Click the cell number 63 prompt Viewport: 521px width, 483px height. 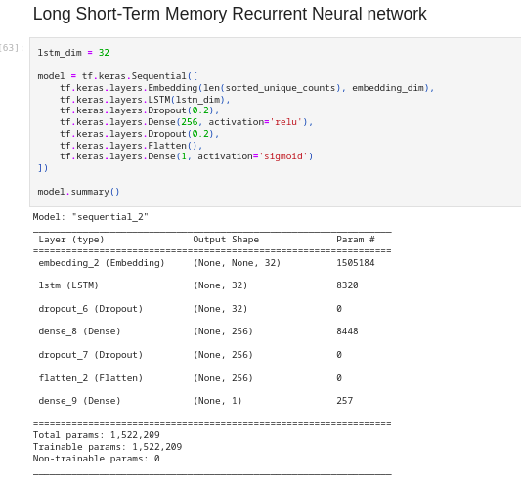click(14, 47)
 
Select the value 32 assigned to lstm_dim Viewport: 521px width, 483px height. click(104, 52)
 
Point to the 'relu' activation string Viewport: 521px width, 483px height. click(286, 122)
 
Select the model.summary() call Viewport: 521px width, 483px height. click(78, 192)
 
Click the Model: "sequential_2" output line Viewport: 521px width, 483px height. click(90, 217)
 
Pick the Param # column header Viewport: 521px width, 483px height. click(356, 240)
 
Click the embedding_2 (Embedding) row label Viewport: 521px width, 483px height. click(102, 263)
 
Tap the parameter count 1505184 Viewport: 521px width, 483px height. click(356, 263)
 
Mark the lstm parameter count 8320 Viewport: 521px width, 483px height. click(347, 285)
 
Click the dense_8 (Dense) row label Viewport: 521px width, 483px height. click(79, 331)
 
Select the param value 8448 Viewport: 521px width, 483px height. click(347, 331)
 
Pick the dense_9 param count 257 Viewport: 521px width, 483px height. click(344, 401)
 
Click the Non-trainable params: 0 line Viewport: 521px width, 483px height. click(96, 458)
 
